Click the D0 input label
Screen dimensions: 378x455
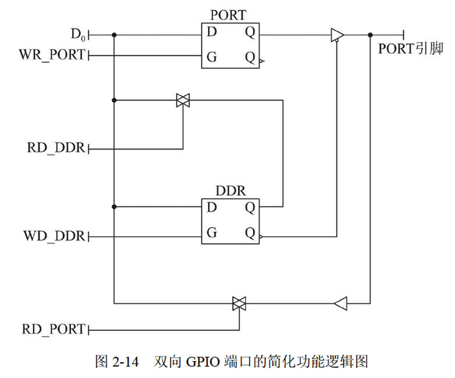coord(78,36)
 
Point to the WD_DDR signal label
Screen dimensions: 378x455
coord(54,236)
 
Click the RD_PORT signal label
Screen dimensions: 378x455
coord(53,329)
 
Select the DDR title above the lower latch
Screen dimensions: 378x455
coord(230,190)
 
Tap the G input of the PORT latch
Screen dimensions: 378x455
coord(212,58)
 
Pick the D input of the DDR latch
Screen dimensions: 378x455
coord(212,207)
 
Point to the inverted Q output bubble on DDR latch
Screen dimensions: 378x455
coord(263,236)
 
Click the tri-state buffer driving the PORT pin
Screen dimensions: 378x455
coord(337,36)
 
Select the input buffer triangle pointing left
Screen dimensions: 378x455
coord(341,303)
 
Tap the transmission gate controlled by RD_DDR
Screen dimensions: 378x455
coord(183,101)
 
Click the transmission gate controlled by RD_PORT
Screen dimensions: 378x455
coord(239,303)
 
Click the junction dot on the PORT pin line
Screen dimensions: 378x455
coord(370,36)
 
